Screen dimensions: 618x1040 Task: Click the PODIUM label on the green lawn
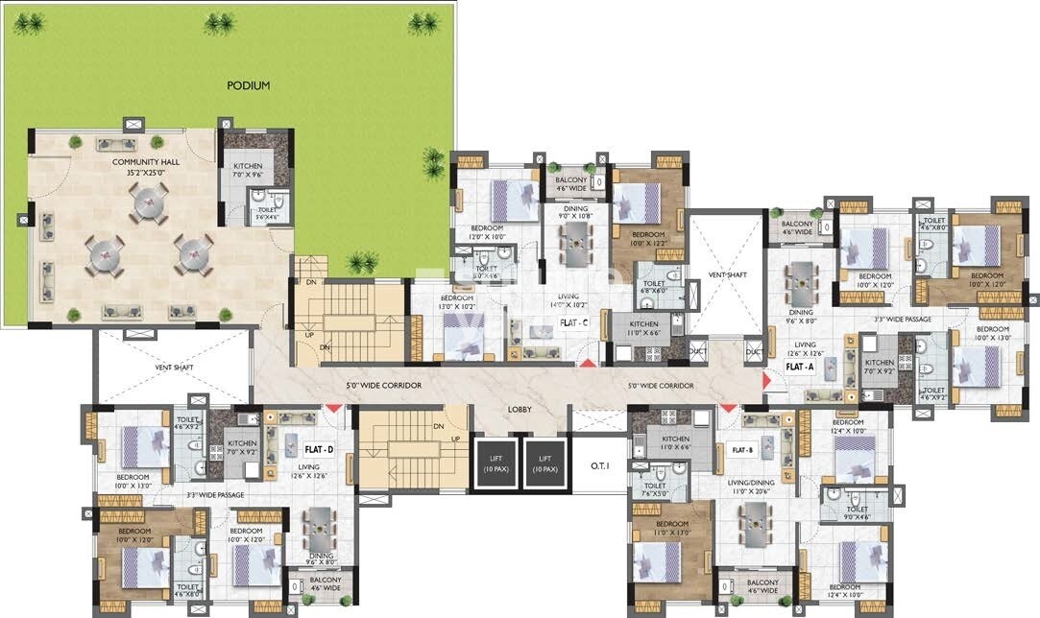click(x=248, y=85)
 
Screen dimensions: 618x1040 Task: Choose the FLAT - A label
click(x=800, y=367)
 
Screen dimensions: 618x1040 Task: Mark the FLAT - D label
click(x=319, y=448)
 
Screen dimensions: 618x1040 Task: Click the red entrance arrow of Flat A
click(x=765, y=382)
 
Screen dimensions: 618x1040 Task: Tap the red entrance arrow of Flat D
click(x=333, y=410)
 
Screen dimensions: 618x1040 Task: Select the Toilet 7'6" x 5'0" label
click(x=655, y=490)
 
